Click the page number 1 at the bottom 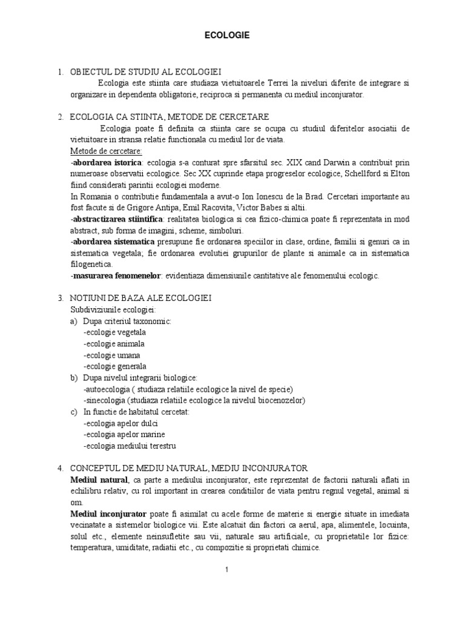(226, 569)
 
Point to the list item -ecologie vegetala (115, 332)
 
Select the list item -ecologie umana (112, 355)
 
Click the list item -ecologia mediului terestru (130, 446)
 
